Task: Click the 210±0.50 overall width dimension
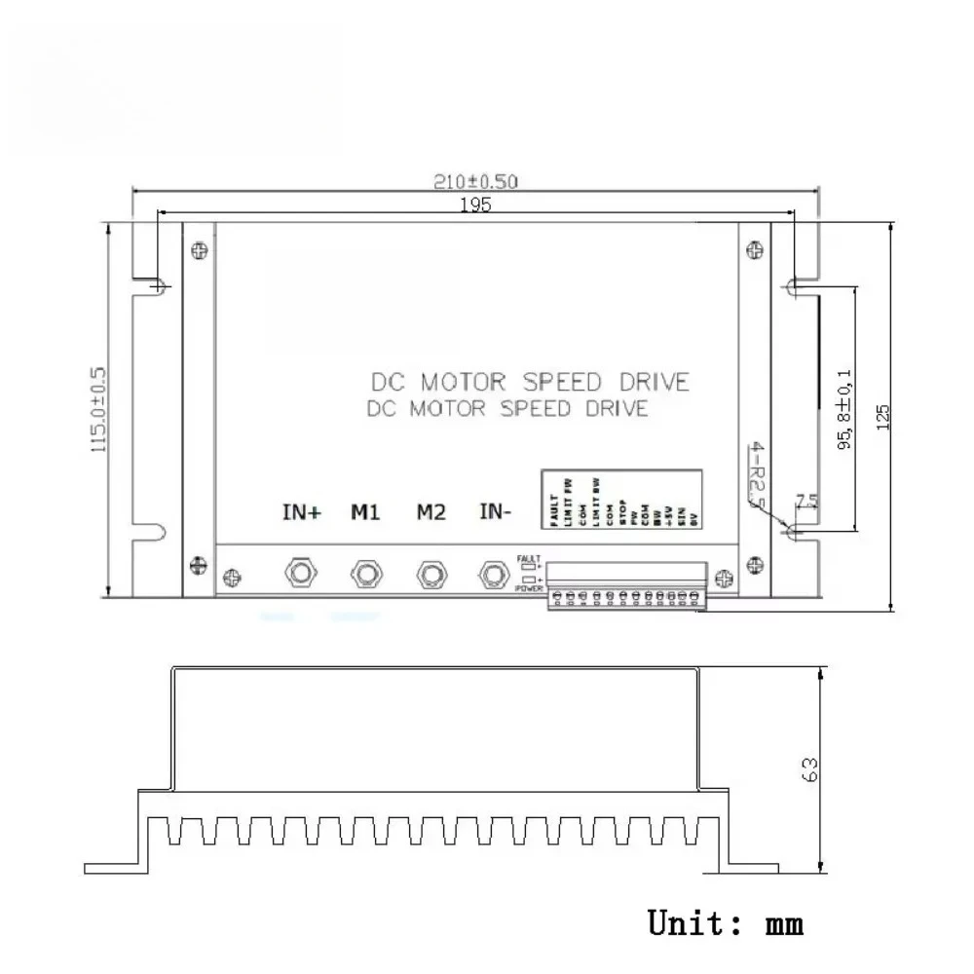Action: coord(476,181)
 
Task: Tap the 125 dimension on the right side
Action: coord(883,416)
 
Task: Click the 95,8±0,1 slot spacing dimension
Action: coord(843,409)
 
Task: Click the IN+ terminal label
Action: coord(301,512)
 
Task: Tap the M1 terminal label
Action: coord(365,512)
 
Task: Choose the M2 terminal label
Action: coord(431,512)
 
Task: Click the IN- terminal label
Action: coord(497,512)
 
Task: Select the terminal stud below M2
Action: coord(431,573)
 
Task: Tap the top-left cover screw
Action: coord(200,250)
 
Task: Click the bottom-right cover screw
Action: coord(754,562)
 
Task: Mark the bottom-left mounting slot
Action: coord(156,532)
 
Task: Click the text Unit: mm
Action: coord(726,921)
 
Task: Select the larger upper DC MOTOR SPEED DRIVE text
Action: coord(531,381)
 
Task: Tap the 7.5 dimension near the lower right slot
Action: coord(806,502)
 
